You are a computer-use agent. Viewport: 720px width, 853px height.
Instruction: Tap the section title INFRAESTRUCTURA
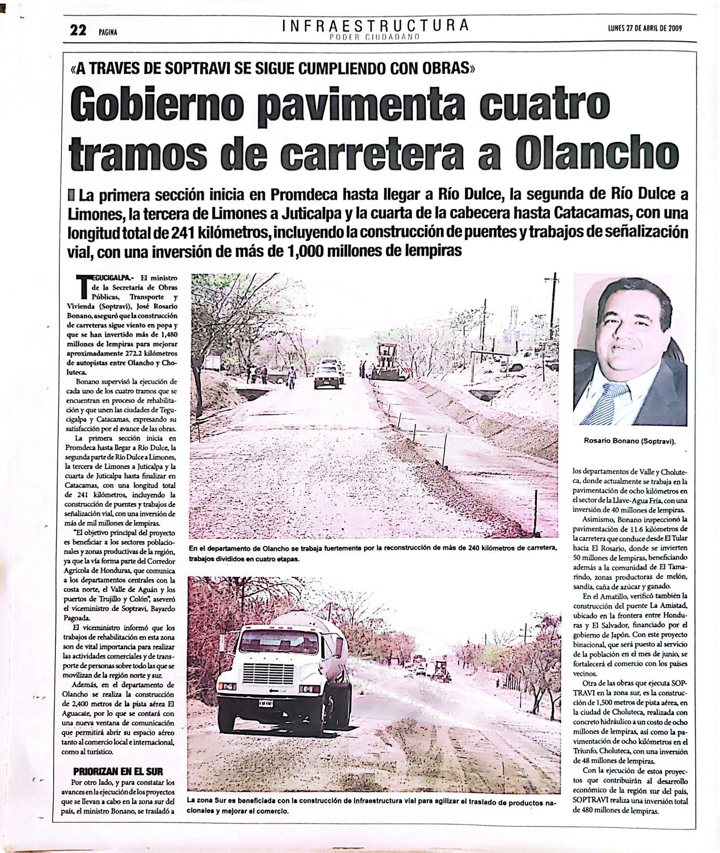(375, 26)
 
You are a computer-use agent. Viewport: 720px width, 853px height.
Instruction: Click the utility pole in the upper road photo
(554, 310)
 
